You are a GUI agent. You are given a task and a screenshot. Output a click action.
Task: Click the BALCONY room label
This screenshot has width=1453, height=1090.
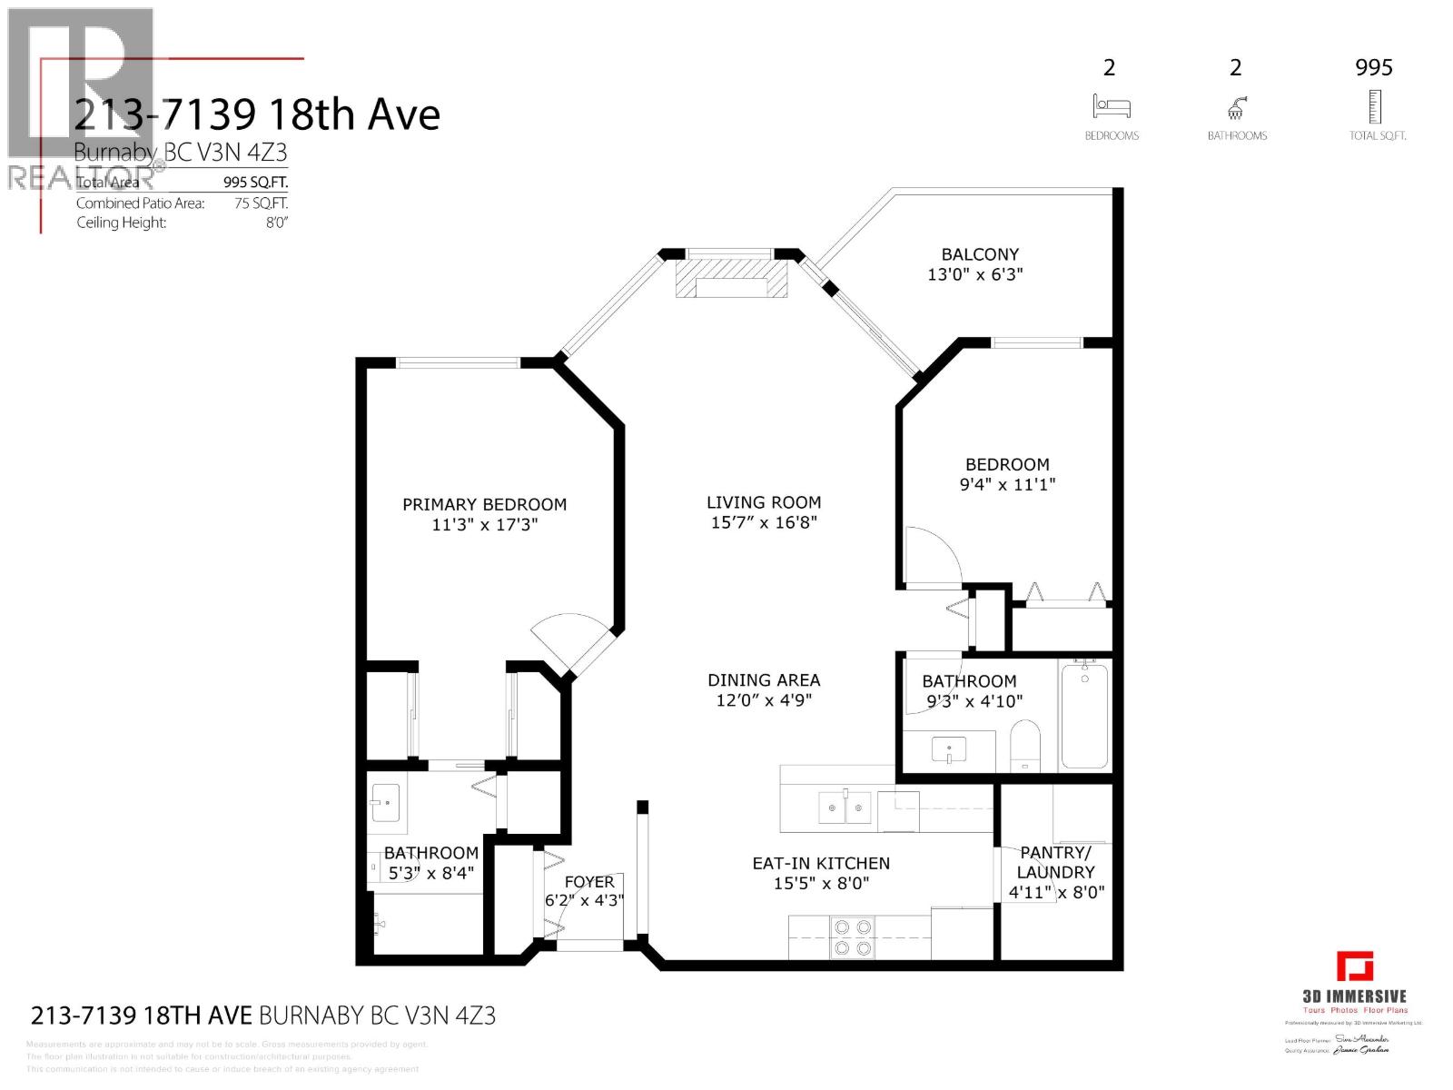[979, 254]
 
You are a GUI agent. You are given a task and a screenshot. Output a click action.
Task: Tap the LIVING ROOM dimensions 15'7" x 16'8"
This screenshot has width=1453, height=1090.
[764, 522]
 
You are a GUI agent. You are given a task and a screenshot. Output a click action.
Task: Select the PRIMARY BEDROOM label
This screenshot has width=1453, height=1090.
[484, 504]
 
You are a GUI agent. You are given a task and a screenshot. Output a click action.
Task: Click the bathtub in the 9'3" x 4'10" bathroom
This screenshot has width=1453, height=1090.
[1084, 716]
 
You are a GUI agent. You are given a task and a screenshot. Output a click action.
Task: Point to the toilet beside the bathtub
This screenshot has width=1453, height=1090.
[1024, 747]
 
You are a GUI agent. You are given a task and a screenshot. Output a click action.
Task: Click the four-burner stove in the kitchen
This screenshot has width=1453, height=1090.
[853, 937]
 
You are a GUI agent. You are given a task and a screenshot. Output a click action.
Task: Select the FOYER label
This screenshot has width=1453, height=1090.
[589, 882]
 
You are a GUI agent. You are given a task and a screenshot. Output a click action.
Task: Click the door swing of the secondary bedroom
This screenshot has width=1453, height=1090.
[933, 556]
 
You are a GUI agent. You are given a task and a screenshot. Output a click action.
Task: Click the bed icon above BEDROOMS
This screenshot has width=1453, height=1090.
[1112, 107]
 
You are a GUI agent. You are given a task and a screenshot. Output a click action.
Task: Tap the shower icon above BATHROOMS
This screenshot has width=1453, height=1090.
[1236, 109]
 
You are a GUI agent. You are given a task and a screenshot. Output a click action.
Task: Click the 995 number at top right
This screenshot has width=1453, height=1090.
[1373, 67]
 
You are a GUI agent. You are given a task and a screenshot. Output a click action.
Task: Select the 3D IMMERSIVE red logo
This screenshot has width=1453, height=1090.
[1355, 966]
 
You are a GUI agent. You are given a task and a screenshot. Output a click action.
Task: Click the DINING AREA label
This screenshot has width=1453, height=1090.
[764, 679]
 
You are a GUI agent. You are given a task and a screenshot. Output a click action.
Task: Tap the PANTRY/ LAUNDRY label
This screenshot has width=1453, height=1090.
[1055, 862]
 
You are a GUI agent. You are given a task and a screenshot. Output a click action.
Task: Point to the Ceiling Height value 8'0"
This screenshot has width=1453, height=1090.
[276, 223]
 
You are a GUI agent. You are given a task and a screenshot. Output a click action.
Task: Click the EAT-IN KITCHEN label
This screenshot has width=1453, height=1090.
[821, 863]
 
